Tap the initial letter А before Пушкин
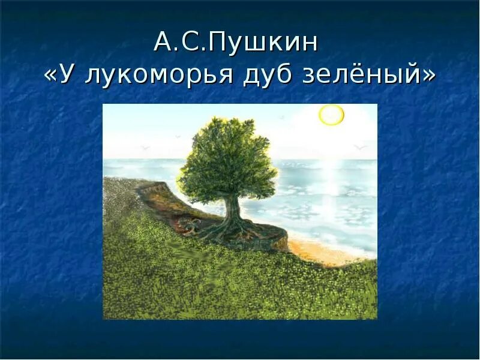click(163, 43)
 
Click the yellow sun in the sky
click(331, 115)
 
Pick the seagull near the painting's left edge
click(144, 148)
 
